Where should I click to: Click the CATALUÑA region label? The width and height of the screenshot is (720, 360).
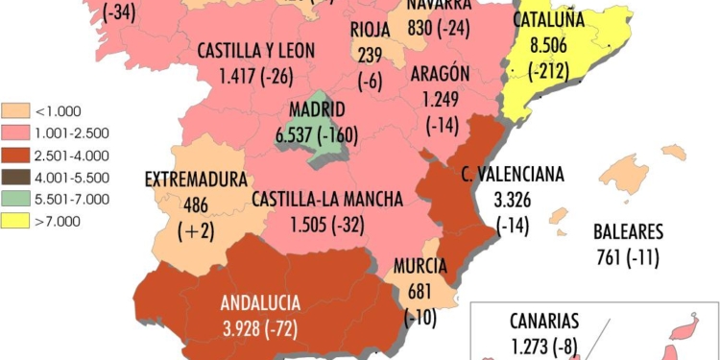pyautogui.click(x=549, y=20)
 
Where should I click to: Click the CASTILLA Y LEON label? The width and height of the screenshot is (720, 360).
pyautogui.click(x=255, y=49)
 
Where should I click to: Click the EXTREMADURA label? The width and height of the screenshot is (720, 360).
pyautogui.click(x=196, y=179)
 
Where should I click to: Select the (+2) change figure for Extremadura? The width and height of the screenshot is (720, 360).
pyautogui.click(x=196, y=228)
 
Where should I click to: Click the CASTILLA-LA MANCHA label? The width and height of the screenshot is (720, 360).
pyautogui.click(x=326, y=200)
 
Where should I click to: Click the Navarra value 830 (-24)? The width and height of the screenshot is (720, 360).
pyautogui.click(x=438, y=28)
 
